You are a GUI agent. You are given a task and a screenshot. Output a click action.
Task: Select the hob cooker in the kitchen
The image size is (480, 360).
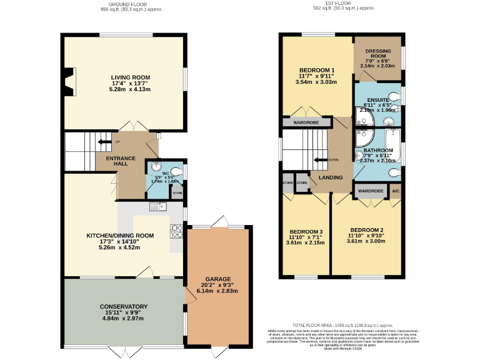176,232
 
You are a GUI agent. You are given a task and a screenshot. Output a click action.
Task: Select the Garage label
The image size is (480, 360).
218,279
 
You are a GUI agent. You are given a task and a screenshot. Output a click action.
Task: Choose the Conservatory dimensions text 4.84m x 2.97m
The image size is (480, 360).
123,319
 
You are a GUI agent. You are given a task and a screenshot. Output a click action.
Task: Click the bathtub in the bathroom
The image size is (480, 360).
394,142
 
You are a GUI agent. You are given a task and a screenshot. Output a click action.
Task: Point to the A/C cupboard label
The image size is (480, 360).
396,191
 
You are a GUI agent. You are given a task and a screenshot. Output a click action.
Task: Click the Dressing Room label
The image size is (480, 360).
377,53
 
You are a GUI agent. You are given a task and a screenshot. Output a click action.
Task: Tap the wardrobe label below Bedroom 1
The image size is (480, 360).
306,122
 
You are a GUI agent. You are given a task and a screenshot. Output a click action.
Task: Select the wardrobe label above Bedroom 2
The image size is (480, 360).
370,191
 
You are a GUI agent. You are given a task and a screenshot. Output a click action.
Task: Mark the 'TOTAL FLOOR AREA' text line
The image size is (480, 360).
342,326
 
